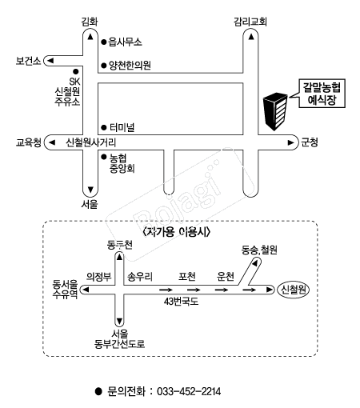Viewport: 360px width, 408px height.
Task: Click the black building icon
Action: coord(275,111)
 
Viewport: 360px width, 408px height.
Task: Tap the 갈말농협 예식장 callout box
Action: coord(322,94)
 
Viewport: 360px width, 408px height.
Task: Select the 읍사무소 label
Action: coord(125,42)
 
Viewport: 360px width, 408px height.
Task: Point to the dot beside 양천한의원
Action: coord(104,66)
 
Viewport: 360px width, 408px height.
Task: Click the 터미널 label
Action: coord(122,127)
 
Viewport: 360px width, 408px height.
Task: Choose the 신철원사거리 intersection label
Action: coord(91,142)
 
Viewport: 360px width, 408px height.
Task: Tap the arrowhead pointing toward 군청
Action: coord(290,142)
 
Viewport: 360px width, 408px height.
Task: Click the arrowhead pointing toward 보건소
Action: coord(50,61)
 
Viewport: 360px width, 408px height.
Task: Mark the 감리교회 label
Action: coord(250,22)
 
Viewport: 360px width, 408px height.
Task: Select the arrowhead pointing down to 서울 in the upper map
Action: coord(90,190)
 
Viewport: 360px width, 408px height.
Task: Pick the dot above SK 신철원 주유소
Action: coord(76,71)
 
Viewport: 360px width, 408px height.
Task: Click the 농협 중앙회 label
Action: coord(122,163)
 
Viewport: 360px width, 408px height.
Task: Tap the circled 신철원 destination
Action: coord(294,290)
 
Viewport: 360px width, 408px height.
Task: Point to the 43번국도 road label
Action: coord(181,302)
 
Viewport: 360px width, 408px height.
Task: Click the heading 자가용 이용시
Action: coord(177,232)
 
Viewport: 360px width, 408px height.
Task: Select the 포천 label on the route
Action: coord(187,277)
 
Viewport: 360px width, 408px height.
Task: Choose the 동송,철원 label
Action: coord(259,250)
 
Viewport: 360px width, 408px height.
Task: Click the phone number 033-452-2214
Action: coord(189,391)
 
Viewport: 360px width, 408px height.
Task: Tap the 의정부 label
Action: coord(98,277)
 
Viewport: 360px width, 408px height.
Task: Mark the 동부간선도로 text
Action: coord(119,344)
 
